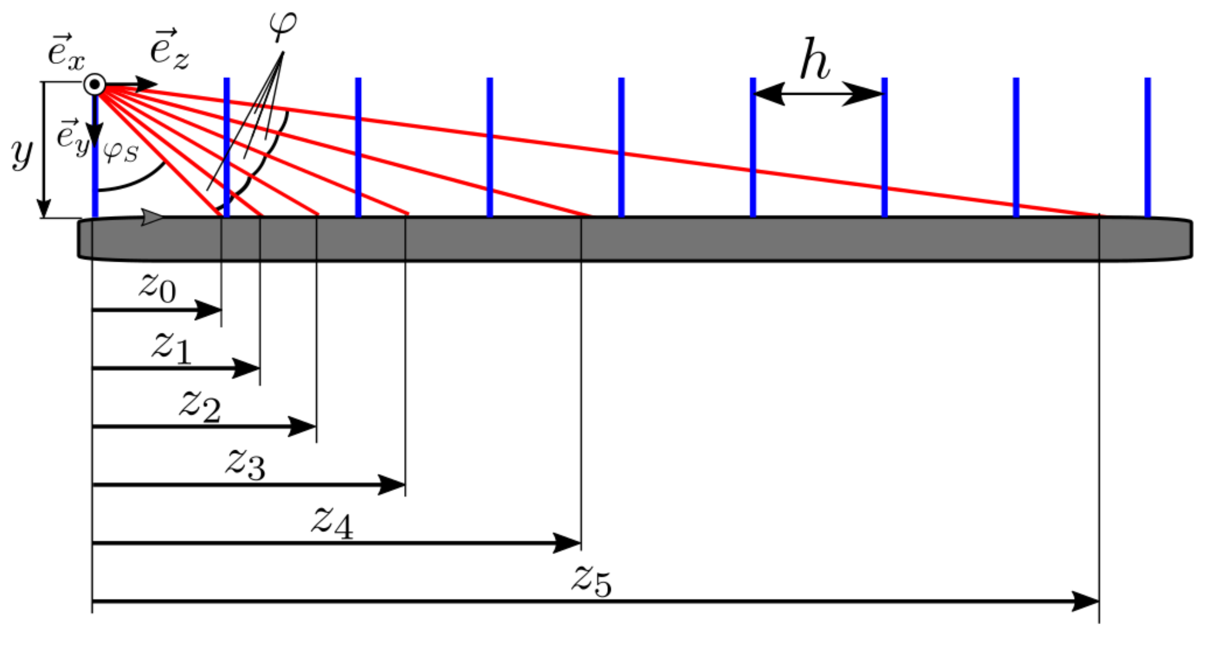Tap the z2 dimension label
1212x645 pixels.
[200, 406]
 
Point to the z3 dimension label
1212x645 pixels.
[245, 464]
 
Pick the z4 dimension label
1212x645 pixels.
[332, 523]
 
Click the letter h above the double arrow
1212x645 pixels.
[814, 60]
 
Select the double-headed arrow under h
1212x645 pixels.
[818, 93]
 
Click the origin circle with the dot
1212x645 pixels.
[94, 84]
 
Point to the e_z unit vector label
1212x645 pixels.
[169, 50]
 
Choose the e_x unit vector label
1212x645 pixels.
[66, 53]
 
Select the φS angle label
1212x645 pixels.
[121, 153]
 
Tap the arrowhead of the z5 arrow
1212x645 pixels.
[1085, 601]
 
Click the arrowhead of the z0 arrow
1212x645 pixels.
[209, 310]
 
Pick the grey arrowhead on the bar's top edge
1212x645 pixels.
[152, 217]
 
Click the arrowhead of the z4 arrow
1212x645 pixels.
[567, 543]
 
